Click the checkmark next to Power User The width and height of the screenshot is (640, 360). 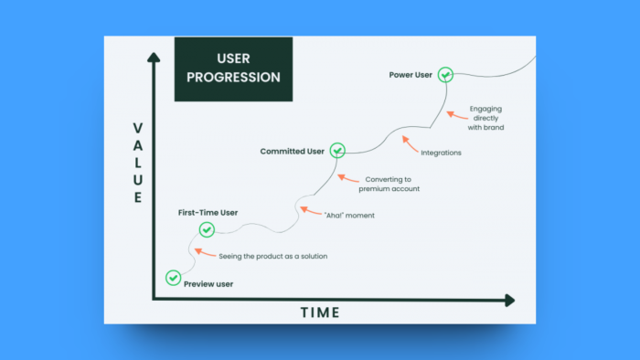[x=445, y=75]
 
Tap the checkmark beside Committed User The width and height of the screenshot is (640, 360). [x=337, y=150]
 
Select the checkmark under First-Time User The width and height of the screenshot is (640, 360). [x=207, y=229]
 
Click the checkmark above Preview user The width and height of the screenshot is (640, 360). [x=173, y=277]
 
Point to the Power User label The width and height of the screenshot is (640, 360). [x=411, y=75]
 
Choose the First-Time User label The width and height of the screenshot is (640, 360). [x=208, y=212]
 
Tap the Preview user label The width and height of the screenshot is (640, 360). [x=208, y=284]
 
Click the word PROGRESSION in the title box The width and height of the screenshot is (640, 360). [x=233, y=78]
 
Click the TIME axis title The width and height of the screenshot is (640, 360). [x=320, y=312]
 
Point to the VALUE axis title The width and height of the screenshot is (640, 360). [x=138, y=163]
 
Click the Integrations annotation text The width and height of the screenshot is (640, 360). [x=442, y=153]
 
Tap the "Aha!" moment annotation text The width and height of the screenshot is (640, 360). [x=349, y=216]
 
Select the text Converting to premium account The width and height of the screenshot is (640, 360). [x=389, y=184]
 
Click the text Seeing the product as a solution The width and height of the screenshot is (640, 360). [x=272, y=256]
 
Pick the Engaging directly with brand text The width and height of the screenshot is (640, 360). [x=485, y=118]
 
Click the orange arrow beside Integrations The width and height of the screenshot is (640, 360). [x=408, y=143]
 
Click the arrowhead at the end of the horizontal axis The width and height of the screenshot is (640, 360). [x=509, y=300]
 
